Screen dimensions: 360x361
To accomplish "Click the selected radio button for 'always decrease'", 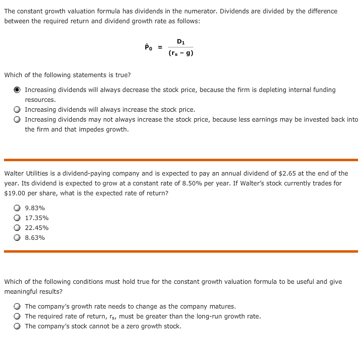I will click(17, 90).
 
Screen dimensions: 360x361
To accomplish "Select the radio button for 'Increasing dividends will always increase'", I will click(17, 110).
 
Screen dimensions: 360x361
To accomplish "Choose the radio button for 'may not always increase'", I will click(17, 120).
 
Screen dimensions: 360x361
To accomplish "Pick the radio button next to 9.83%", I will click(17, 208).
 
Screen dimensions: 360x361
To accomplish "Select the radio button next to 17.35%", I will click(17, 218).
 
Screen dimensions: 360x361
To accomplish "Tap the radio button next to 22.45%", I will click(17, 228).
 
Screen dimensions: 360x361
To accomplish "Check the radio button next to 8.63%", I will click(17, 238).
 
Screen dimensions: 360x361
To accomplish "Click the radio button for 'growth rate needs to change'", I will click(17, 307).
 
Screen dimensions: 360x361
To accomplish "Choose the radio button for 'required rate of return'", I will click(17, 316).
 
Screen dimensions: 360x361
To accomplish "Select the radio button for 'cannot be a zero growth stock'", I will click(17, 326).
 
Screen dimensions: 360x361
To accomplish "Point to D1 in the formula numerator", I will click(180, 41).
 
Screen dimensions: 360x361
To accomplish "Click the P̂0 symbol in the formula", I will click(148, 47).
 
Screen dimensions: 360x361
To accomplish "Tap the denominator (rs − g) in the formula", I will click(180, 53).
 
